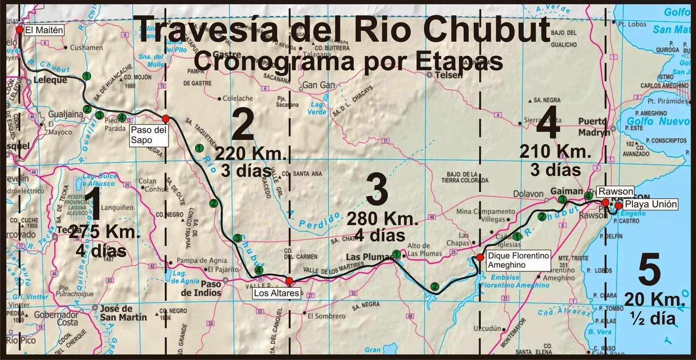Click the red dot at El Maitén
pyautogui.click(x=19, y=30)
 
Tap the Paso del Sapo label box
pyautogui.click(x=148, y=135)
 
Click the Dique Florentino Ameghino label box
pyautogui.click(x=518, y=260)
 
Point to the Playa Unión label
pyautogui.click(x=651, y=204)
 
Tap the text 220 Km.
pyautogui.click(x=251, y=154)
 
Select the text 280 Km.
pyautogui.click(x=383, y=219)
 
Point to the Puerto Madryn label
pyautogui.click(x=594, y=127)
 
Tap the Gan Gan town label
pyautogui.click(x=318, y=85)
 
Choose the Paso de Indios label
pyautogui.click(x=201, y=288)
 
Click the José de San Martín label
pyautogui.click(x=123, y=313)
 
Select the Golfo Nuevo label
pyautogui.click(x=658, y=121)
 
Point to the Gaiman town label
pyautogui.click(x=566, y=191)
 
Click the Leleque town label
pyautogui.click(x=51, y=80)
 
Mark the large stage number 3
pyautogui.click(x=377, y=192)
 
